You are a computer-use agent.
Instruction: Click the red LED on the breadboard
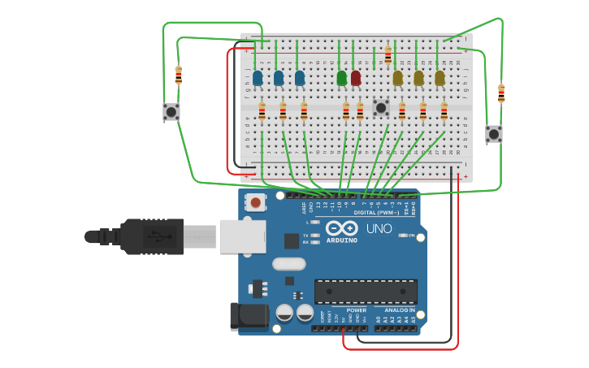(356, 78)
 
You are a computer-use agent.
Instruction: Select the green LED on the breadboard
(342, 78)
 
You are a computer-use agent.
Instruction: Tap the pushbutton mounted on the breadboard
(381, 107)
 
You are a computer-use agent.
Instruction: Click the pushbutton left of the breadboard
(171, 111)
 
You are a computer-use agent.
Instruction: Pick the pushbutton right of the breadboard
(494, 133)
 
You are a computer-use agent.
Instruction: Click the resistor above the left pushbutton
(179, 76)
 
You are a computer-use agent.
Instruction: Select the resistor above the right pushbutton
(501, 93)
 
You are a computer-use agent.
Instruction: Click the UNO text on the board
(379, 229)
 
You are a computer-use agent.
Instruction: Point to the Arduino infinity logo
(342, 228)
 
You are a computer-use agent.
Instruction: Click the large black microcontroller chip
(366, 292)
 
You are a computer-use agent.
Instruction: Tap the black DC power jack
(249, 316)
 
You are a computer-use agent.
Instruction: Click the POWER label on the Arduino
(356, 310)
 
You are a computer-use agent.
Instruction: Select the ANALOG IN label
(399, 310)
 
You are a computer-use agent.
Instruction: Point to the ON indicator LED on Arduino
(403, 236)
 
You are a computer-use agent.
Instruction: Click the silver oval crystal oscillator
(288, 263)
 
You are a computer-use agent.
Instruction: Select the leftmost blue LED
(258, 78)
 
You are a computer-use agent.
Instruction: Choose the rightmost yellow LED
(440, 78)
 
